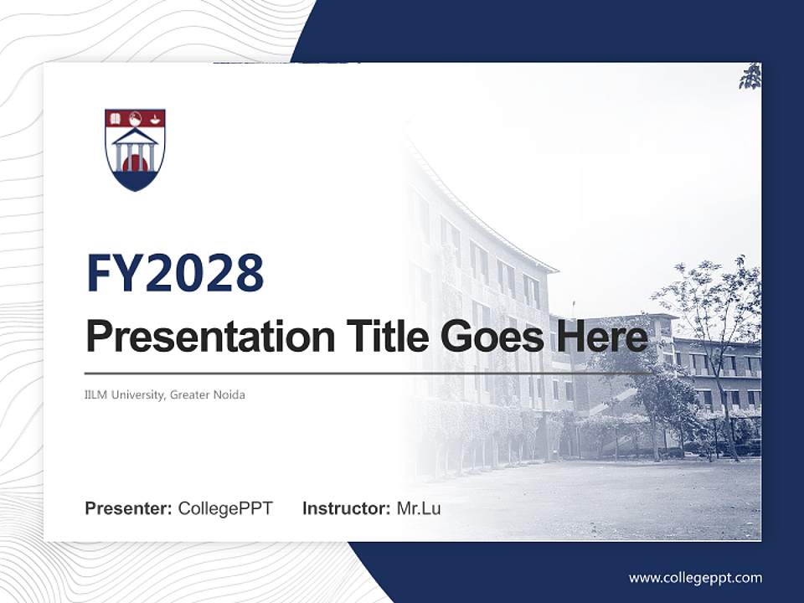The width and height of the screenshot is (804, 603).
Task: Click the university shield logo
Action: point(135,149)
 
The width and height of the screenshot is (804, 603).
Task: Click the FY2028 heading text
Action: point(175,273)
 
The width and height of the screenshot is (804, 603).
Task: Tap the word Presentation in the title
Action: point(198,337)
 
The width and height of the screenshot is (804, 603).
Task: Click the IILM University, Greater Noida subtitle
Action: point(165,394)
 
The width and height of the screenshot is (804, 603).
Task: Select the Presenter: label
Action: point(129,508)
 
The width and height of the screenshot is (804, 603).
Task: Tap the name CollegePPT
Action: point(225,508)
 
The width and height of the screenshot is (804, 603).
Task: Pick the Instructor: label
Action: point(346,508)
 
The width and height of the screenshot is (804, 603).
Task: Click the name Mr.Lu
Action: point(419,508)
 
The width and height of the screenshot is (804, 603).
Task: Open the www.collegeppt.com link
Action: point(695,577)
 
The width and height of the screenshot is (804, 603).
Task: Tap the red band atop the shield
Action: point(135,117)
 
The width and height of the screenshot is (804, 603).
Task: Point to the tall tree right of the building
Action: point(712,335)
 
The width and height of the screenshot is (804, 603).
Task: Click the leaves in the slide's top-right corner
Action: point(750,77)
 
